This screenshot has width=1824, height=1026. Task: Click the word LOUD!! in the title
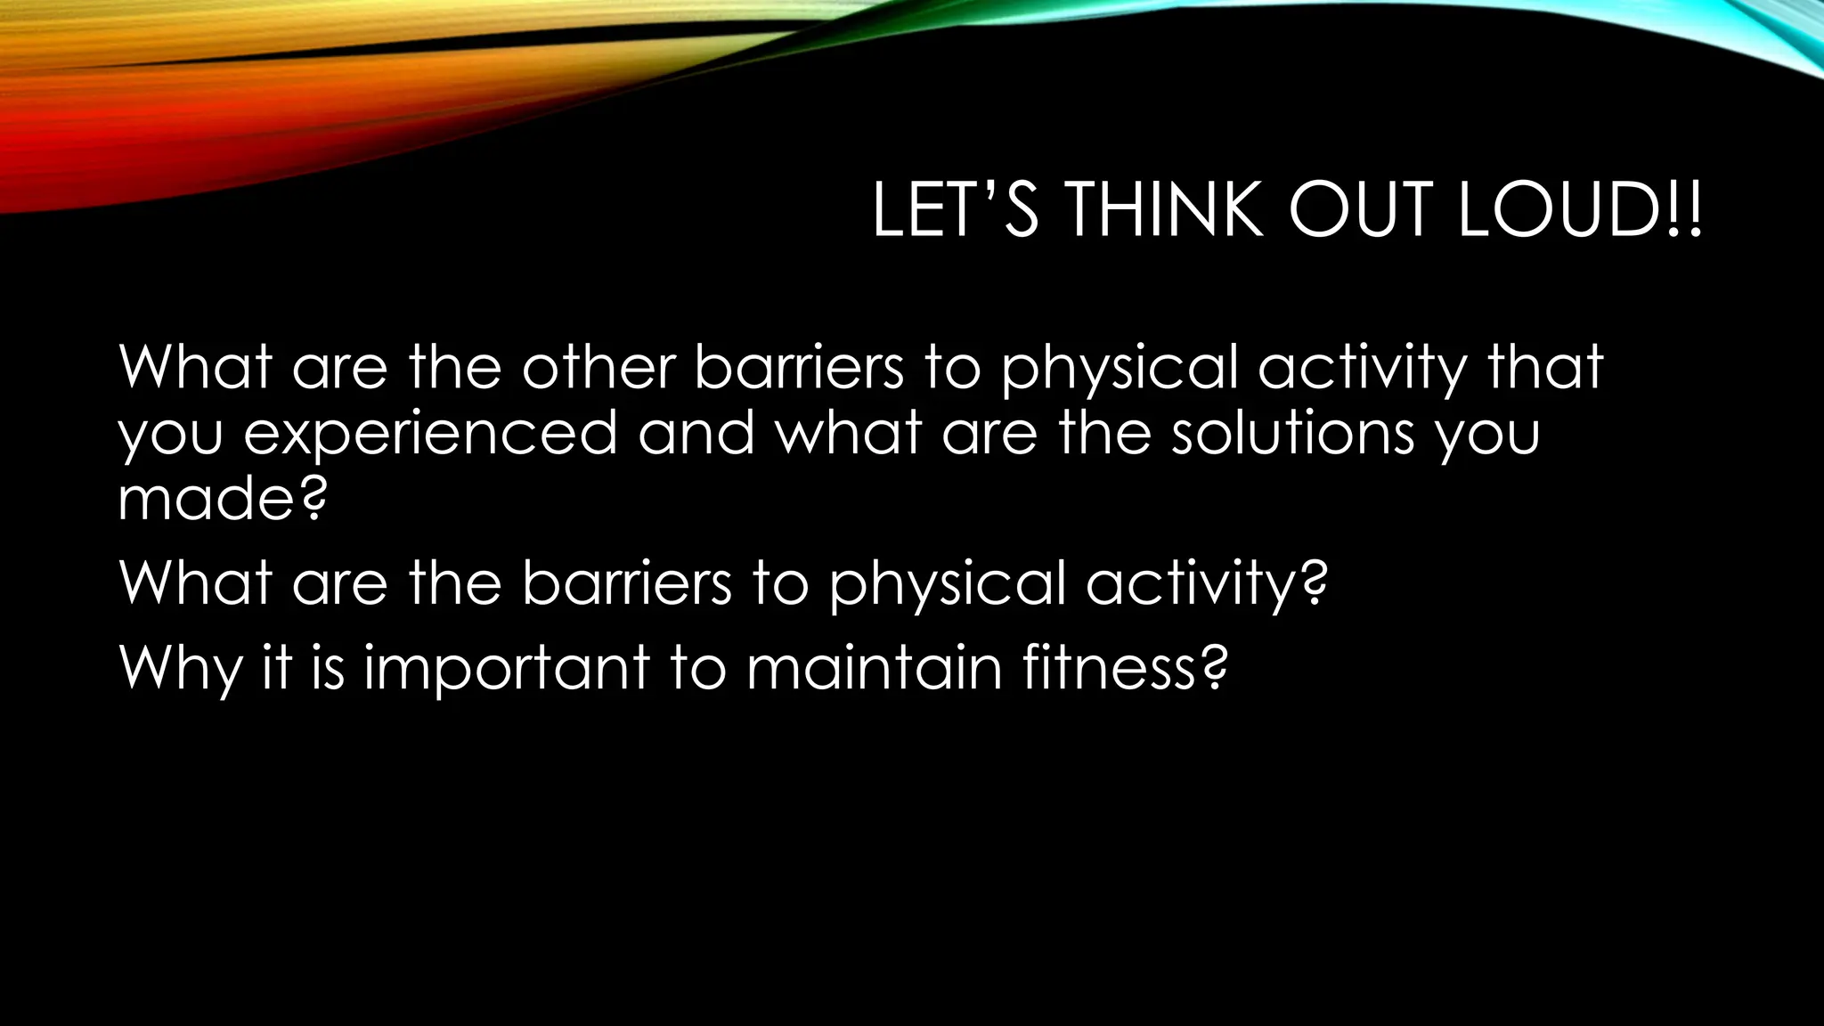tap(1579, 211)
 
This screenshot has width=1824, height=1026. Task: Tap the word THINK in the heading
tap(1163, 211)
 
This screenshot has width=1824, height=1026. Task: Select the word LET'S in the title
tap(955, 211)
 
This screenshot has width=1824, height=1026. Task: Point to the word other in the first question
tap(598, 366)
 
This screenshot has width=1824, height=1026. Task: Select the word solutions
tap(1291, 433)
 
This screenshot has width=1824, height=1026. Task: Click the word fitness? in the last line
tap(1125, 667)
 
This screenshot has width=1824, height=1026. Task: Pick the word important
tap(507, 669)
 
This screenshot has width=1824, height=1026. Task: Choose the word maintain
tap(874, 667)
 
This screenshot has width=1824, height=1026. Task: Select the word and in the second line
tap(696, 433)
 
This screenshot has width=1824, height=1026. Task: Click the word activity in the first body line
tap(1361, 368)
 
